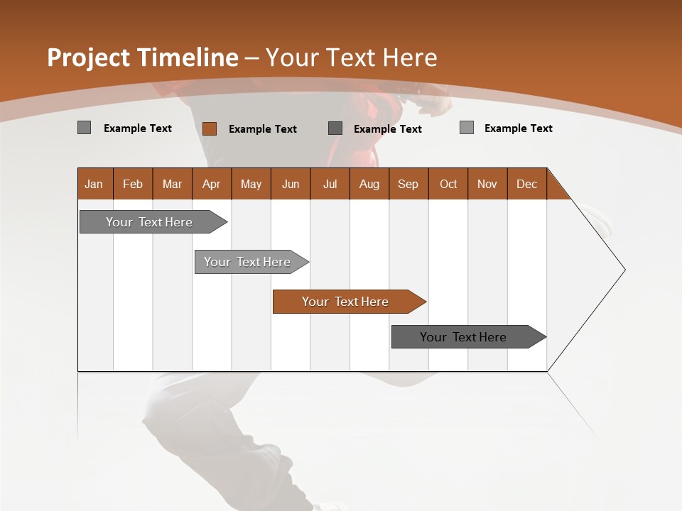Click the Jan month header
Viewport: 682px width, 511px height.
click(x=94, y=184)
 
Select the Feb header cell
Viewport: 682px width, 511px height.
click(x=133, y=184)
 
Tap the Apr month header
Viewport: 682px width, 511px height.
click(x=212, y=184)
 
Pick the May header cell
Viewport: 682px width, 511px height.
click(x=251, y=184)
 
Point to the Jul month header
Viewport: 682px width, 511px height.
click(x=330, y=184)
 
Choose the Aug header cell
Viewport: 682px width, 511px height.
click(x=369, y=184)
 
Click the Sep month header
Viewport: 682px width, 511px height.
click(x=408, y=184)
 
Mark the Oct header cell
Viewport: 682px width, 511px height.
click(x=448, y=184)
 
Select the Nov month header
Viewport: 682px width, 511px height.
click(x=487, y=184)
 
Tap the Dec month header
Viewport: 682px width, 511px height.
click(x=526, y=184)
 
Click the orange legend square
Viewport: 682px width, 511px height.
click(x=210, y=128)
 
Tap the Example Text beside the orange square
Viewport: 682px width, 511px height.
click(x=262, y=129)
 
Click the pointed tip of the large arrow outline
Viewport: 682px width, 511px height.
click(x=624, y=270)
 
